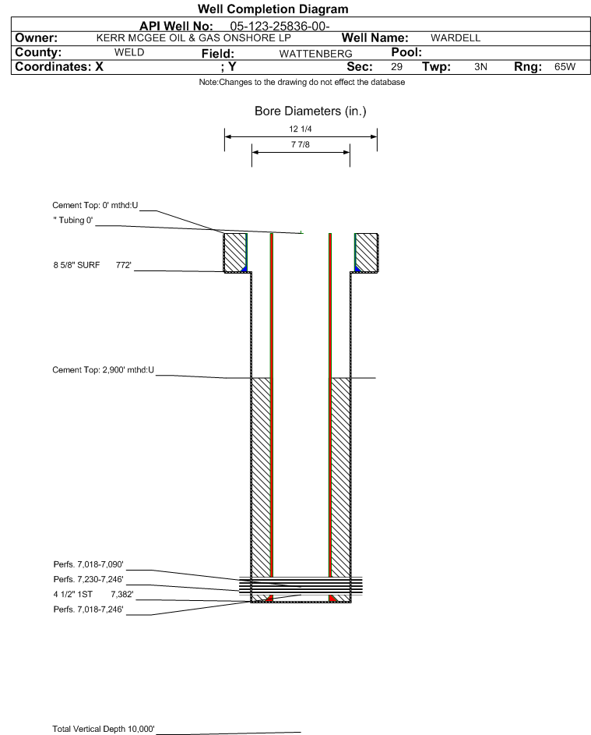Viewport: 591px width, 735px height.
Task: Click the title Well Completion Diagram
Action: coord(273,9)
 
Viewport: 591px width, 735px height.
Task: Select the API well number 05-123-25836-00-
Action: coord(280,27)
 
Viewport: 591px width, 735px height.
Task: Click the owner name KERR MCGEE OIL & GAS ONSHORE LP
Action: coord(193,38)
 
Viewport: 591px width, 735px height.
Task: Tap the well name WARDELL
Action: coord(456,38)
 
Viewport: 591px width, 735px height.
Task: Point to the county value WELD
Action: coord(129,52)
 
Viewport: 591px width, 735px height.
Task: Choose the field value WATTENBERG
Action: coord(315,54)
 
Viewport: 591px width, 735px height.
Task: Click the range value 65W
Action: coord(565,66)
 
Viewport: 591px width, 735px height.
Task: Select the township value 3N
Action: coord(480,66)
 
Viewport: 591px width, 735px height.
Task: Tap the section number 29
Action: coord(396,66)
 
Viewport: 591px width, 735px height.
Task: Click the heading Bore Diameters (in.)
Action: coord(310,111)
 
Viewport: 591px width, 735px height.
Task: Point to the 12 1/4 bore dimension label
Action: coord(301,129)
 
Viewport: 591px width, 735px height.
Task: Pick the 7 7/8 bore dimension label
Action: coord(301,144)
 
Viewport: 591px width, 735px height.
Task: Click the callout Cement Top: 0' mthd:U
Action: coord(95,205)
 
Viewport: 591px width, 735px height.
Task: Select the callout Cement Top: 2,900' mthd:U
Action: coord(103,370)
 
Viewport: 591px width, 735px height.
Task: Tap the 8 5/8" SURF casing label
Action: coord(76,265)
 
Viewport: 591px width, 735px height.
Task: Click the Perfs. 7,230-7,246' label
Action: coord(89,579)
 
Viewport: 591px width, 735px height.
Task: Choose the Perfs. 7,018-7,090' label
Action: coord(89,564)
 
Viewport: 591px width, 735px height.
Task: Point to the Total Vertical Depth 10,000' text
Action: coord(104,729)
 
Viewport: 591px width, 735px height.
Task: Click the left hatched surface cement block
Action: coord(235,253)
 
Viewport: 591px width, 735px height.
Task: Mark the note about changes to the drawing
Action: coord(301,82)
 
